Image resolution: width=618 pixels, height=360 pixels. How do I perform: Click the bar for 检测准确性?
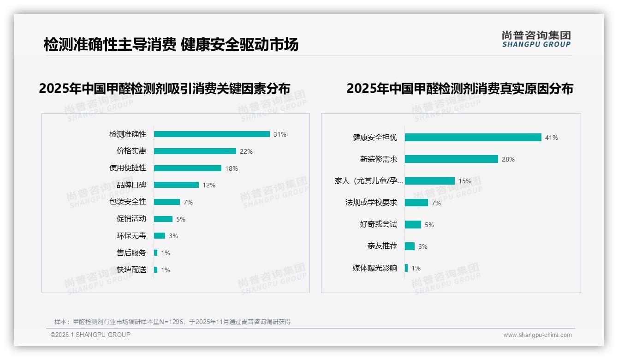212,134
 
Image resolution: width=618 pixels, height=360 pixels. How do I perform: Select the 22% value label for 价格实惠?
246,151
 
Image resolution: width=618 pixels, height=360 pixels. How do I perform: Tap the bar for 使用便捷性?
188,168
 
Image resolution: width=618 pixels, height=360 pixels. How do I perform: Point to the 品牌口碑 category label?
131,185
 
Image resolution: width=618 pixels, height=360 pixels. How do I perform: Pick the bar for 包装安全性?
167,202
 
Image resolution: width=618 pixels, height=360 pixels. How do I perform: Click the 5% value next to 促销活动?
181,219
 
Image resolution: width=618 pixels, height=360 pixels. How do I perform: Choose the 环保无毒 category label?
131,236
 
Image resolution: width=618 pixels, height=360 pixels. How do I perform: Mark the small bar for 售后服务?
156,253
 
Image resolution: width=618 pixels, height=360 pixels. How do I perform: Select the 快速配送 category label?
131,270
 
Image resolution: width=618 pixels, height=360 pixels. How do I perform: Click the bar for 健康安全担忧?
473,138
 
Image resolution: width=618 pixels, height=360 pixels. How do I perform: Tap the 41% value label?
552,138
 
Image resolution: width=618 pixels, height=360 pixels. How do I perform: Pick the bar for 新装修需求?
452,159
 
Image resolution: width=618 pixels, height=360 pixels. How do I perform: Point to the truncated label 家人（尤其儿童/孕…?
368,181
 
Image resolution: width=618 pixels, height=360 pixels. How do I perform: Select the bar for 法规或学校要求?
416,203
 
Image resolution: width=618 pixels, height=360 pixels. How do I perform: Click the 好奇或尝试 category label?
378,224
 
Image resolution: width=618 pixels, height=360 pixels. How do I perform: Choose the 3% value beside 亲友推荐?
423,246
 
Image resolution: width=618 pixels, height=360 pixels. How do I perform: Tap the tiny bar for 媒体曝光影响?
406,268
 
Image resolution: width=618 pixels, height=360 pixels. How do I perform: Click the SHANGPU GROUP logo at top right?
536,39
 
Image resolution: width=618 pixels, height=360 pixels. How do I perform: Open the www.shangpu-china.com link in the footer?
537,335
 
